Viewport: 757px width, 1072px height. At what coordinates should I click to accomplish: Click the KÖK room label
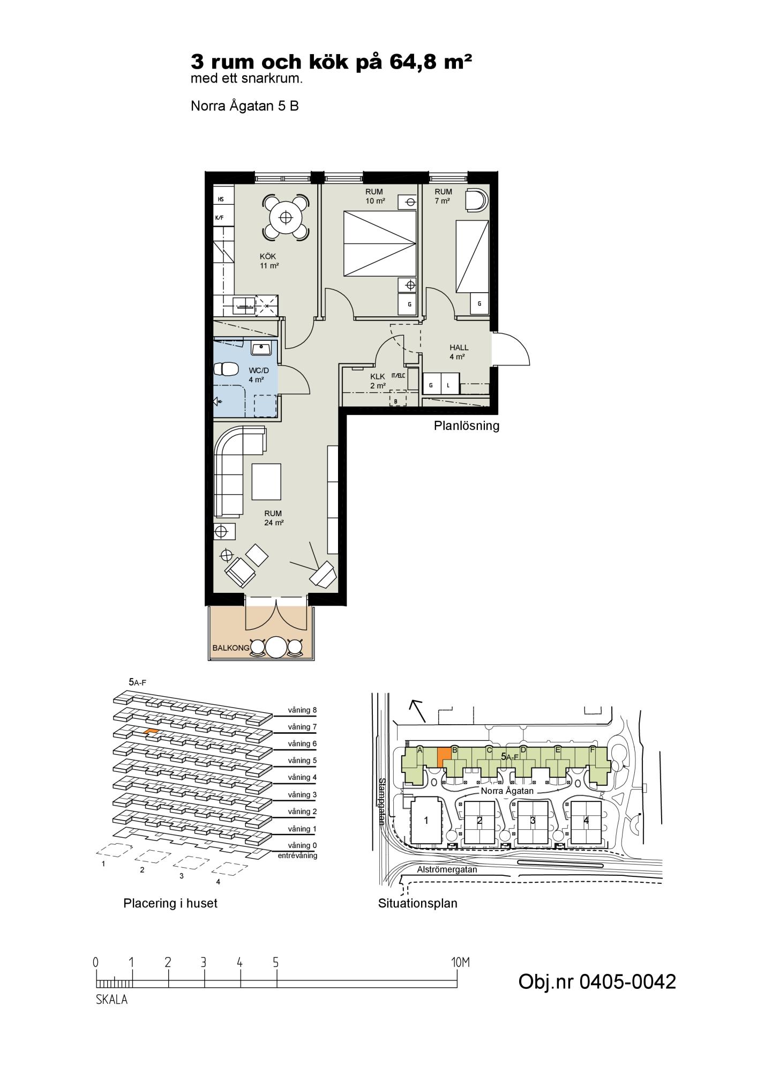tap(268, 257)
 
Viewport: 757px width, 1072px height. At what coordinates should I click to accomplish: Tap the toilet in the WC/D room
tap(226, 369)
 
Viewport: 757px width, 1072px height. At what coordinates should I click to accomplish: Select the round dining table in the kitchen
tap(286, 217)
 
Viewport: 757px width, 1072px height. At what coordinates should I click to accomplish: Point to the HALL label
tap(459, 348)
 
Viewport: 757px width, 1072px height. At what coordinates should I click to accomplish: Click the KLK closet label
tap(378, 377)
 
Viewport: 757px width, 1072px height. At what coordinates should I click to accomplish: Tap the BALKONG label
tap(231, 647)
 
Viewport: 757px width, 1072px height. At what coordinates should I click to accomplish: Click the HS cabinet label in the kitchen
tap(221, 199)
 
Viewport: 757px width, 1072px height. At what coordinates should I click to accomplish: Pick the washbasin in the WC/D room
tap(262, 348)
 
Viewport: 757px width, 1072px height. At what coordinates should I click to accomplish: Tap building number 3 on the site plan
tap(533, 820)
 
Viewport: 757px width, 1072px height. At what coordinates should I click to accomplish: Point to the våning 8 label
tap(302, 710)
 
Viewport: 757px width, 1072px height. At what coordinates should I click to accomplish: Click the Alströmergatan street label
tap(447, 869)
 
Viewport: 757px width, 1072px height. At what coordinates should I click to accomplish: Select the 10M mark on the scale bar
tap(460, 962)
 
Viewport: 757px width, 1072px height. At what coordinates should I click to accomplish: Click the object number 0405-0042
tap(597, 981)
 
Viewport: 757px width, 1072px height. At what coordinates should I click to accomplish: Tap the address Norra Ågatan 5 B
tap(245, 106)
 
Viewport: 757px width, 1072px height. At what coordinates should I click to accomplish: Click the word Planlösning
tap(466, 426)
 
